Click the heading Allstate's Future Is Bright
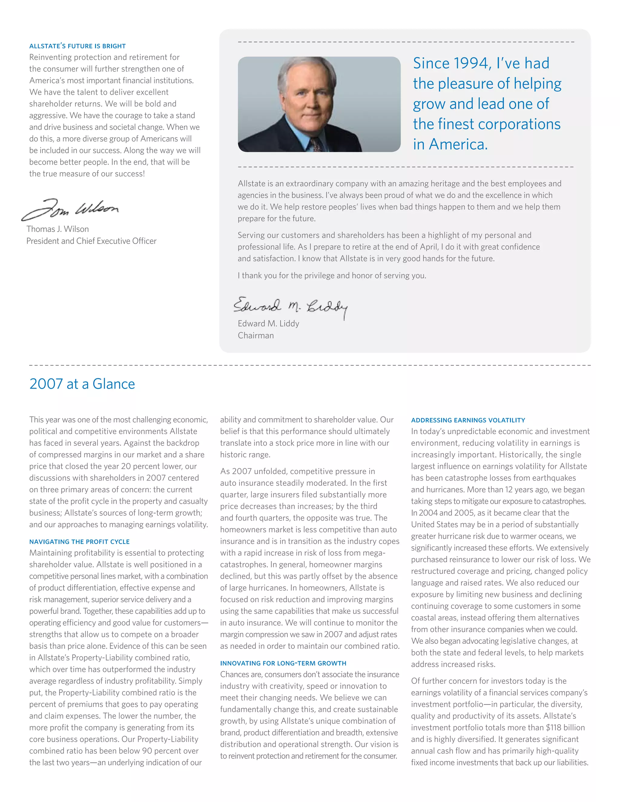coord(77,46)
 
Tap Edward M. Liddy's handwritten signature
coord(290,307)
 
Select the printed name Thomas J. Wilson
coord(58,229)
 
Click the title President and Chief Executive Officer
coord(91,241)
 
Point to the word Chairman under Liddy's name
coord(256,335)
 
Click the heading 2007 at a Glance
coord(82,384)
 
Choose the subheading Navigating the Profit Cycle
coord(79,542)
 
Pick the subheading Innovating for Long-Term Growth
coord(283,663)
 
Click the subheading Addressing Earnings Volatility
coord(468,420)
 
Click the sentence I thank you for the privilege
coord(332,275)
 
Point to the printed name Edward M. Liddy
coord(269,324)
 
